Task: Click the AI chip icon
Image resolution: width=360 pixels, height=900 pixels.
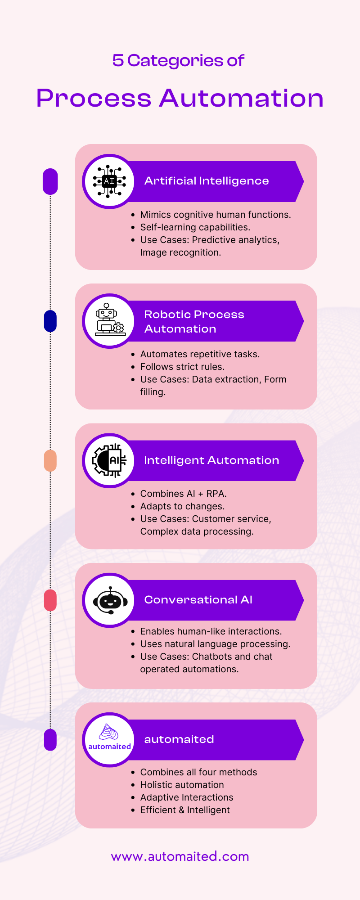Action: (109, 181)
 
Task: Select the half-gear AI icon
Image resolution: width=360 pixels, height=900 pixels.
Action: (109, 460)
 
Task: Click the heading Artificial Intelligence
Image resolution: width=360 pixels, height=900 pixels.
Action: (207, 181)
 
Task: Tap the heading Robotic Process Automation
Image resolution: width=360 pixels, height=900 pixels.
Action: (194, 321)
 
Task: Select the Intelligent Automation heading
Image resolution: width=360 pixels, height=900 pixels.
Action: (211, 460)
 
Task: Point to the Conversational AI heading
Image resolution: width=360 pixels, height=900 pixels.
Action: (198, 600)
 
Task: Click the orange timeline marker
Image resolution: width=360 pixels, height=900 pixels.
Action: (50, 461)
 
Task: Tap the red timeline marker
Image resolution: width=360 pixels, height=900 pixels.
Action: (50, 600)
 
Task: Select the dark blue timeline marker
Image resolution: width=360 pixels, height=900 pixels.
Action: (50, 321)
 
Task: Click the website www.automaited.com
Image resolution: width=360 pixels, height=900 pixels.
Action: (180, 856)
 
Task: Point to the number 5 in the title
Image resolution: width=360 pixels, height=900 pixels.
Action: (118, 60)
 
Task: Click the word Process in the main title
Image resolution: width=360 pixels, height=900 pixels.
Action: (94, 98)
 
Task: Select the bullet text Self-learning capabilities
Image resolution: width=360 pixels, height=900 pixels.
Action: (195, 227)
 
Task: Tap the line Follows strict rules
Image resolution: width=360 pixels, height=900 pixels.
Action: (182, 367)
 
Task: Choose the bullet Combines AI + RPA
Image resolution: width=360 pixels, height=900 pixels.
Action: (183, 494)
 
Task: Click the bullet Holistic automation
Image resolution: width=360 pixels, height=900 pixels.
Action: (182, 785)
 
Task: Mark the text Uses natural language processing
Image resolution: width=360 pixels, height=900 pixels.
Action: (215, 644)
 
